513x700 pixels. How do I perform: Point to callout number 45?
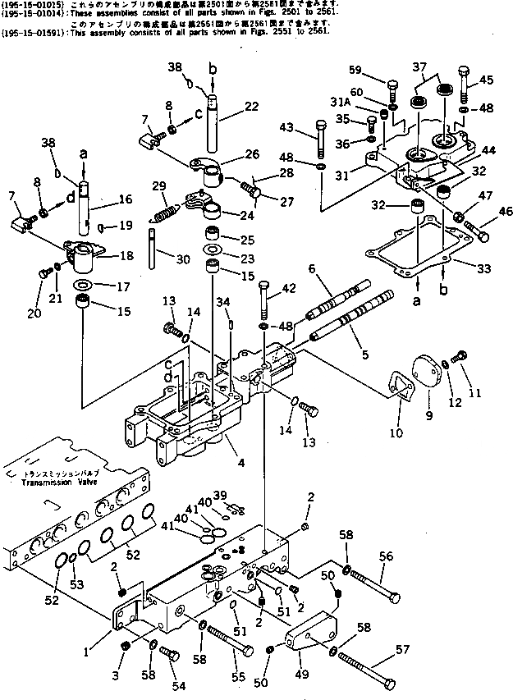pos(487,80)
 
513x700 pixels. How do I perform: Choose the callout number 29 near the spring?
pos(159,187)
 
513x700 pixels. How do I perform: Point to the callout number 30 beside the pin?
pos(183,259)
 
